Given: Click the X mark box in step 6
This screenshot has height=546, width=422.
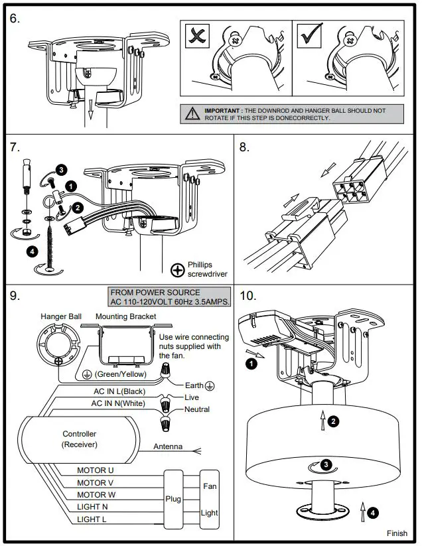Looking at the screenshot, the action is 198,36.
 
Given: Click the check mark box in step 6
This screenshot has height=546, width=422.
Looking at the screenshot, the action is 310,36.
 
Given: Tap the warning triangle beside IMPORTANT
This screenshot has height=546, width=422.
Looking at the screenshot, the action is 192,114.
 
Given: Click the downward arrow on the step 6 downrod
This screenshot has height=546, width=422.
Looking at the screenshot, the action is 90,109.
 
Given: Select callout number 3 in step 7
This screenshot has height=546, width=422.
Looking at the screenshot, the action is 61,170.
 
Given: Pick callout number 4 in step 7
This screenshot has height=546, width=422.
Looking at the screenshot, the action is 33,251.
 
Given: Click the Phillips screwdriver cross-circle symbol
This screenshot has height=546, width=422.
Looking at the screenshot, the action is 178,270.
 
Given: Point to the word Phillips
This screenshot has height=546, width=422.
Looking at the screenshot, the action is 200,265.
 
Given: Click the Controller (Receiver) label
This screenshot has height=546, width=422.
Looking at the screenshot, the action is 80,439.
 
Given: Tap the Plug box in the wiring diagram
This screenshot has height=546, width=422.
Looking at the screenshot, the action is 173,499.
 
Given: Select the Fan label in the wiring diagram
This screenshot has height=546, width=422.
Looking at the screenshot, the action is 210,486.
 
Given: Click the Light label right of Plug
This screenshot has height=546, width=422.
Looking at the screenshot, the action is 209,513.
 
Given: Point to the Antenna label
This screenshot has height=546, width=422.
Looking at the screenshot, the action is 168,446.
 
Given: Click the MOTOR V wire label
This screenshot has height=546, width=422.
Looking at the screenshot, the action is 95,482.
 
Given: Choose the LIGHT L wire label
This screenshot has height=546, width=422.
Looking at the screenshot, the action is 92,519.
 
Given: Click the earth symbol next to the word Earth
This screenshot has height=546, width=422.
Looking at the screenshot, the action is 210,386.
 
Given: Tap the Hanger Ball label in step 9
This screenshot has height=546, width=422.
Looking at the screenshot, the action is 61,316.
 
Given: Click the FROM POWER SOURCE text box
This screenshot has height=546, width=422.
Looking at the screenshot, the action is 169,297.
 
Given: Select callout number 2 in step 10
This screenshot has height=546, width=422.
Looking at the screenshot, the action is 333,422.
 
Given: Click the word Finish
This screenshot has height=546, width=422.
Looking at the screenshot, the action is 397,533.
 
